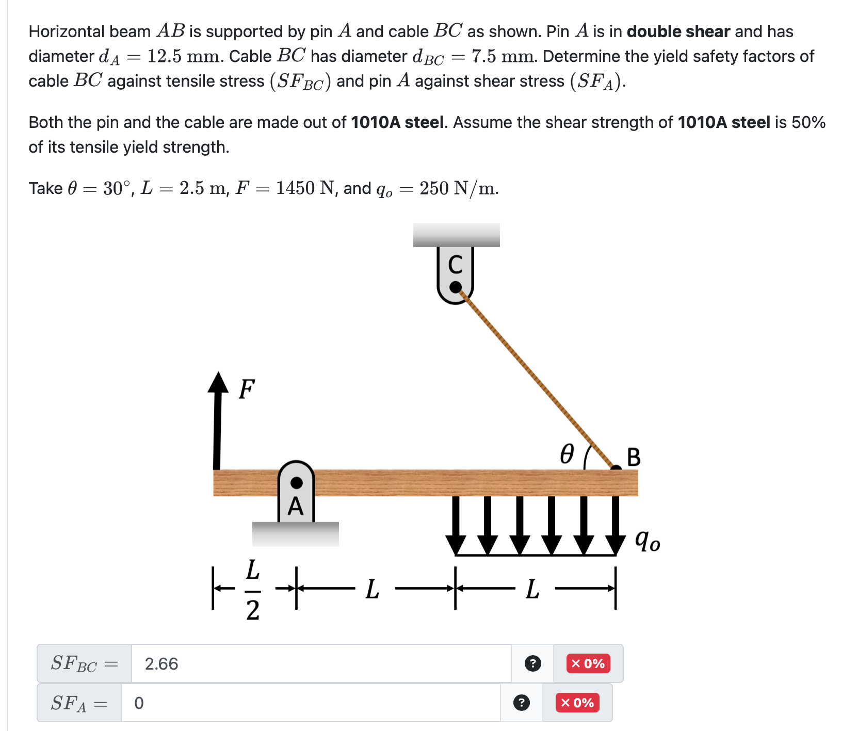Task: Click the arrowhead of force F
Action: click(x=218, y=383)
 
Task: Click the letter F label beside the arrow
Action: click(x=247, y=389)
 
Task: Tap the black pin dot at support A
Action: click(x=297, y=483)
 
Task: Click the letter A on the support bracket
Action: click(x=296, y=507)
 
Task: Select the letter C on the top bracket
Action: click(x=455, y=265)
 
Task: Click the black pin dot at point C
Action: click(x=456, y=287)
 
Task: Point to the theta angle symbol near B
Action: click(x=567, y=454)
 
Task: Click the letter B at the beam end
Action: click(x=634, y=457)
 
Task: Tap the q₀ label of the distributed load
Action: click(x=647, y=541)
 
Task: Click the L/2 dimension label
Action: click(x=252, y=590)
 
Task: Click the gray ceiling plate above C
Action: click(x=456, y=235)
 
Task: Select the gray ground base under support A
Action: click(x=295, y=534)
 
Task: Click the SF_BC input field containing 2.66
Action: click(x=320, y=663)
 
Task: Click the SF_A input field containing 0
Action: click(x=310, y=703)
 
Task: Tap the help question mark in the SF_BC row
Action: click(x=532, y=663)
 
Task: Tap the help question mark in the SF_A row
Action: click(x=522, y=703)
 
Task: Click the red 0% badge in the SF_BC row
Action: click(x=588, y=663)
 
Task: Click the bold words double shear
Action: click(x=678, y=31)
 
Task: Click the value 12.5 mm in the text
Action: click(x=185, y=56)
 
